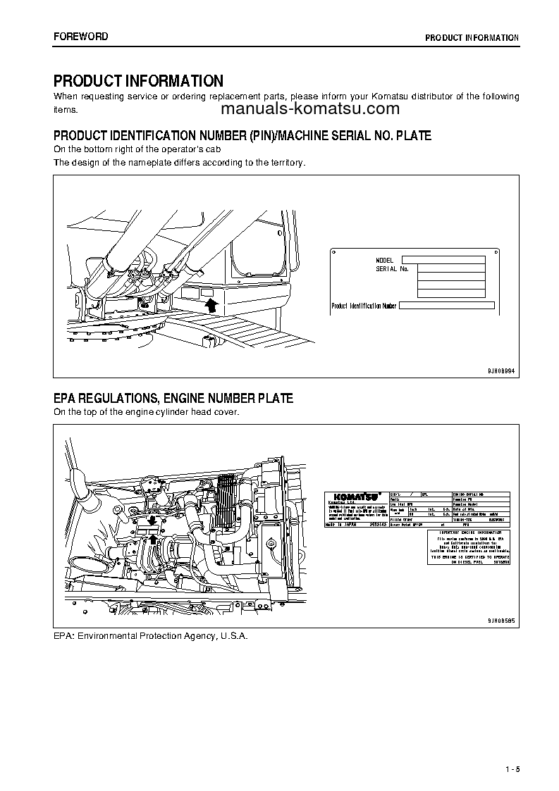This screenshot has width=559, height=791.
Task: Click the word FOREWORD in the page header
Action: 81,37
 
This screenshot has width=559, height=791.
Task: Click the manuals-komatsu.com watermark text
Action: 310,109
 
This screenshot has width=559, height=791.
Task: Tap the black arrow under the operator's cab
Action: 209,304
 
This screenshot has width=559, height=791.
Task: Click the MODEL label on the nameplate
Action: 385,260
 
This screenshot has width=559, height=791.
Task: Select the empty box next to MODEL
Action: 443,260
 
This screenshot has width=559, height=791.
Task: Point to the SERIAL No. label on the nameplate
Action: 392,269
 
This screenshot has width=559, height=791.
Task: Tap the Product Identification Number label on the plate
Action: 364,306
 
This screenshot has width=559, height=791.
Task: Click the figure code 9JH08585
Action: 501,621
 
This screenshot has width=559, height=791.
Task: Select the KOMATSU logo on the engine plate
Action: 352,496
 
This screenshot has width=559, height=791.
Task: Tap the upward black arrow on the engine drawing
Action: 152,540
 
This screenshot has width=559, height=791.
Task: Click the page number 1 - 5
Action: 512,768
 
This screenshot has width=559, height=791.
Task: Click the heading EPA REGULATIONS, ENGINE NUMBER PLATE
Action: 173,399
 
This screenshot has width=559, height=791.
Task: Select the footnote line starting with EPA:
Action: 151,635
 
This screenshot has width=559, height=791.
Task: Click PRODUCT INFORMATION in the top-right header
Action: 472,38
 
